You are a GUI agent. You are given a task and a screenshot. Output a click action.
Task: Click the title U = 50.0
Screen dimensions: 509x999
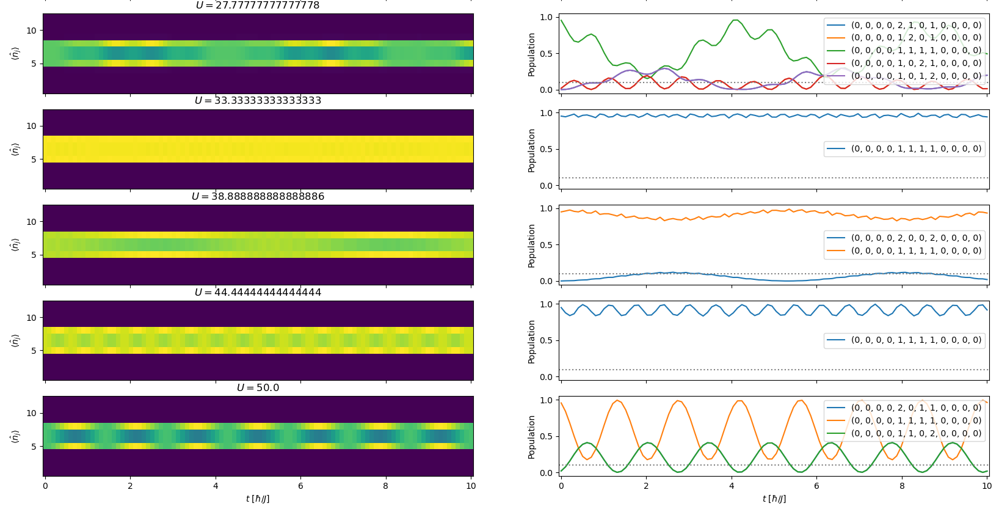(x=258, y=388)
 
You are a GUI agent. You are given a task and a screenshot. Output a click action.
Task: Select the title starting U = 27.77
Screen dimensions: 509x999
(x=258, y=5)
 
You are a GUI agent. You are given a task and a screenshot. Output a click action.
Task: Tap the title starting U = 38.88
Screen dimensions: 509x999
(x=258, y=197)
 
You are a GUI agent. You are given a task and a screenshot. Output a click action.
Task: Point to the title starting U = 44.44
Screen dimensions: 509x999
(x=258, y=293)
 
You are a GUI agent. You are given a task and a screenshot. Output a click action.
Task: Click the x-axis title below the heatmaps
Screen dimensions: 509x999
(x=258, y=499)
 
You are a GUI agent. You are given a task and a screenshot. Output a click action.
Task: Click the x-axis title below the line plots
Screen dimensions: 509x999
(x=774, y=499)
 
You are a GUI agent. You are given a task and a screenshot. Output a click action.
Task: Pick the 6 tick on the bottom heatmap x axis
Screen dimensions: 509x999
(x=300, y=486)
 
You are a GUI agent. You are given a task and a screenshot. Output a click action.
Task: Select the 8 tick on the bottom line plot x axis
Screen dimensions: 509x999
(x=902, y=486)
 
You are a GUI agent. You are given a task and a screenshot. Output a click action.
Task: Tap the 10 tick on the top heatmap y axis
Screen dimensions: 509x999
(x=31, y=31)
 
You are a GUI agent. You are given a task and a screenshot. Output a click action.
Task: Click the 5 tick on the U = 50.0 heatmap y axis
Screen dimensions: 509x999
(x=34, y=447)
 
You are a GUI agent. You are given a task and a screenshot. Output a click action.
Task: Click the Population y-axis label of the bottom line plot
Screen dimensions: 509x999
(x=531, y=437)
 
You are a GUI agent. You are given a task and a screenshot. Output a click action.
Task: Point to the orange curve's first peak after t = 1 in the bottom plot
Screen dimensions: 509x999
(x=618, y=401)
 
